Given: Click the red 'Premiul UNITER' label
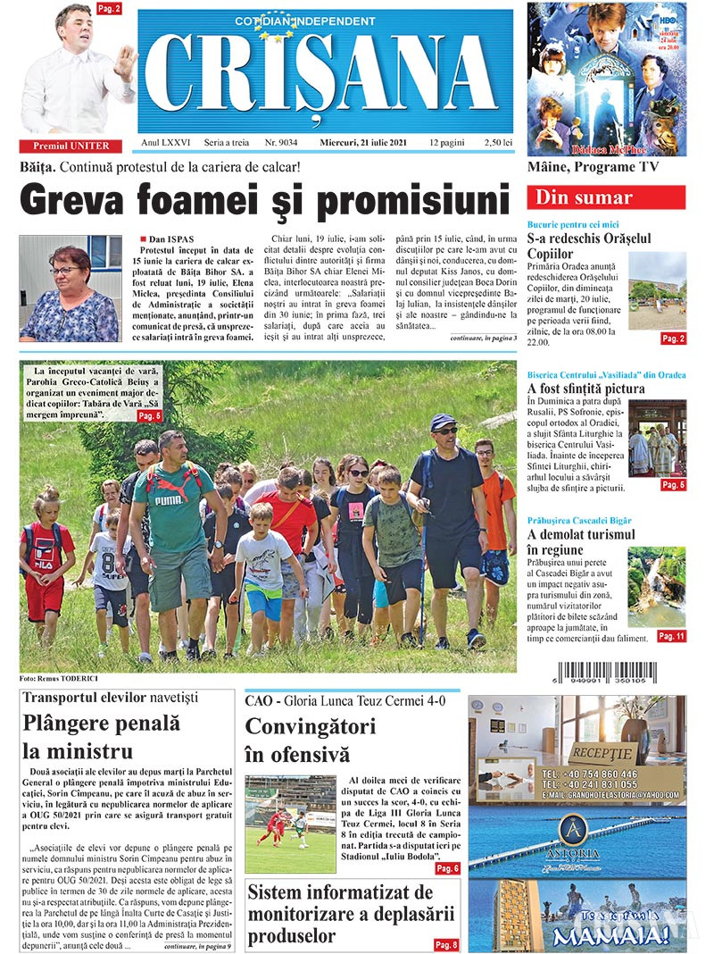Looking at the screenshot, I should [x=71, y=146].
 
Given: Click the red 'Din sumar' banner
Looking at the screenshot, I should [x=605, y=197].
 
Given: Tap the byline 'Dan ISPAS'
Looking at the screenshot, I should [x=170, y=240].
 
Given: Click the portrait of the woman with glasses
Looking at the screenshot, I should [x=71, y=288].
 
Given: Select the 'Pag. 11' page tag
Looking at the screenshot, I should [x=671, y=636].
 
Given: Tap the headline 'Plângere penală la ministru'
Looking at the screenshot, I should [x=101, y=737].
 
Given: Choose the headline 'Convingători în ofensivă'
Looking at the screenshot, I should [x=310, y=740].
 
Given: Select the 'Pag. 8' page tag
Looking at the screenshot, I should [x=446, y=944].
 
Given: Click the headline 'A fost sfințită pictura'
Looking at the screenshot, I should [x=585, y=389].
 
